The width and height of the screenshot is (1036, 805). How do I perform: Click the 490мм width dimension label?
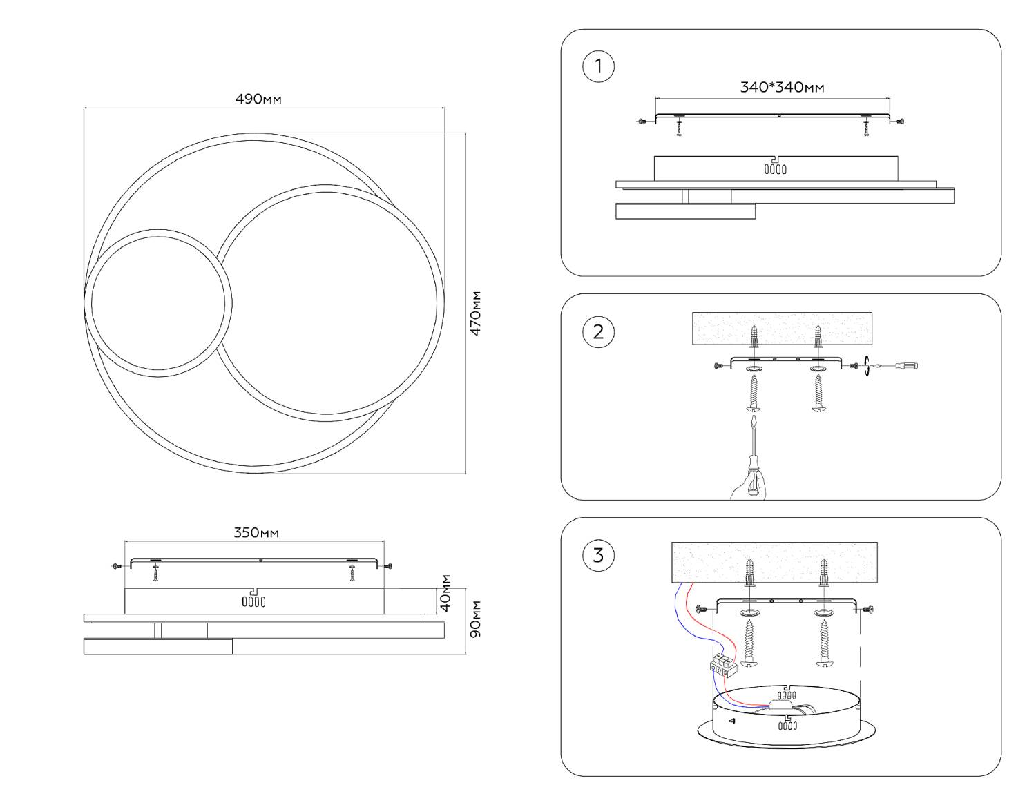[x=258, y=99]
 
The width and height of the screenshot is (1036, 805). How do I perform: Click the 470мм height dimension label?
[x=476, y=314]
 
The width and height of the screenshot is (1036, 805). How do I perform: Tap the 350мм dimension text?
[x=256, y=532]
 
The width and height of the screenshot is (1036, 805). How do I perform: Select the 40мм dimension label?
[x=445, y=593]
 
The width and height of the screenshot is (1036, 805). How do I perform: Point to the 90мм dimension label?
[x=476, y=619]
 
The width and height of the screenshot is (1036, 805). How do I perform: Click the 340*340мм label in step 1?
[x=782, y=87]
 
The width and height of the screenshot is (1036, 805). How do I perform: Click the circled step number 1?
[x=598, y=66]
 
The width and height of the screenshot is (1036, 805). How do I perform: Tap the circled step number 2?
[x=598, y=331]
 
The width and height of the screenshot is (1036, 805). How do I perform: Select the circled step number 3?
[x=598, y=555]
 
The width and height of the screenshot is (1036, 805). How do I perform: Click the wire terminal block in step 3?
[x=724, y=665]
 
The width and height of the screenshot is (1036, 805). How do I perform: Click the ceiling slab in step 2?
[x=782, y=328]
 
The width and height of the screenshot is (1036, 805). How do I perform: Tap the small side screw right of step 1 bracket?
[x=899, y=122]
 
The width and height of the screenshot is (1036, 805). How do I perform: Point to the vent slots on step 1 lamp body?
[x=776, y=168]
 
